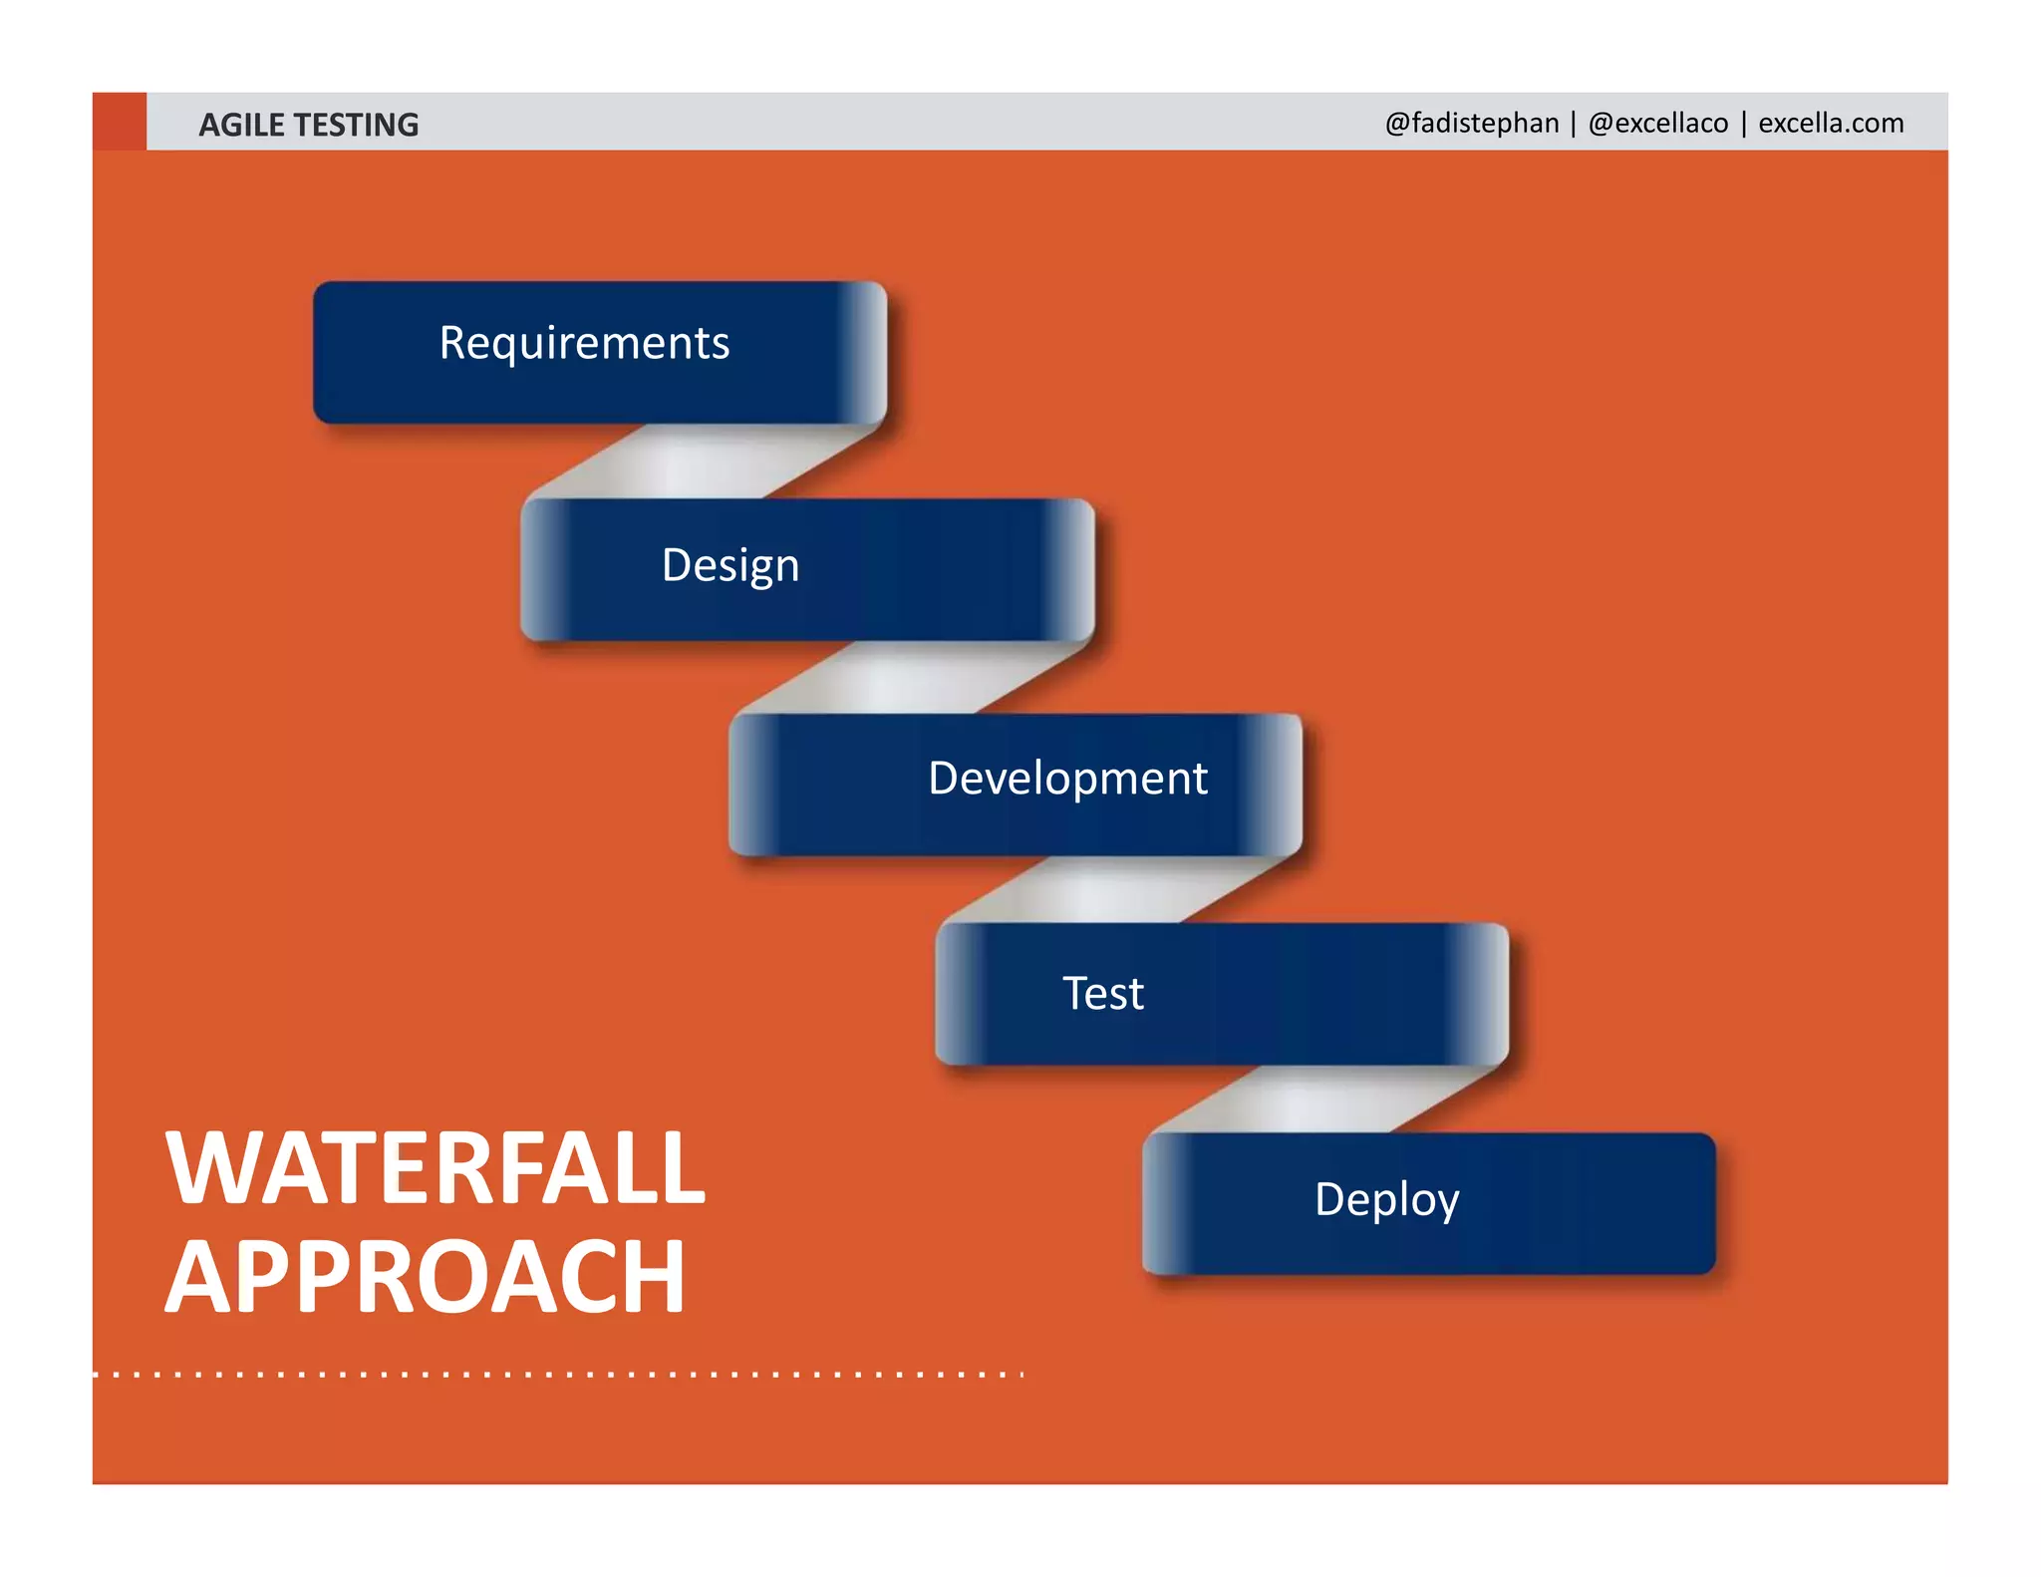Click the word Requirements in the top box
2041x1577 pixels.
(x=584, y=344)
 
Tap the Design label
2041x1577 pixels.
(x=730, y=565)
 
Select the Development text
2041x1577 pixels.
(x=1067, y=779)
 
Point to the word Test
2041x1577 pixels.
(x=1102, y=994)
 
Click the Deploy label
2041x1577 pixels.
(x=1386, y=1199)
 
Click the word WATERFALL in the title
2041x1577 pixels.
(x=436, y=1168)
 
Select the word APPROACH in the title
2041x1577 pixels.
(x=426, y=1278)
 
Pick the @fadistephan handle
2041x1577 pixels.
(x=1471, y=123)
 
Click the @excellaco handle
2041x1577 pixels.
(x=1657, y=123)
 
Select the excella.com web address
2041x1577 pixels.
(x=1831, y=123)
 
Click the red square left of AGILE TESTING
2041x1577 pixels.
(x=120, y=122)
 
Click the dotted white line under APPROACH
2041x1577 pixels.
(x=558, y=1375)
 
